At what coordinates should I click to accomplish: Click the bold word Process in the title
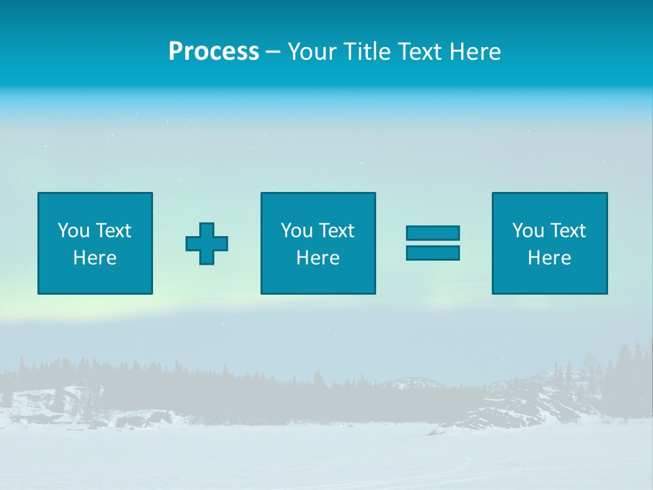coord(214,51)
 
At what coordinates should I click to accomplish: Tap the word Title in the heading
coord(365,51)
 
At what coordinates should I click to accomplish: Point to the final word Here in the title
coord(474,51)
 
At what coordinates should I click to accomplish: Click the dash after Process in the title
coord(273,52)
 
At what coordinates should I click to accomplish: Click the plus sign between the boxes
coord(207,244)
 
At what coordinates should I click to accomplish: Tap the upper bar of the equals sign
coord(433,233)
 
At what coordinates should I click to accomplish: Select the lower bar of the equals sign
coord(433,252)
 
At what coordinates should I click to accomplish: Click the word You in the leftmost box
coord(73,231)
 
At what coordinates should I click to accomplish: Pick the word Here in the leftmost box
coord(95,258)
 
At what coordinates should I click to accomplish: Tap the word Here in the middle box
coord(318,258)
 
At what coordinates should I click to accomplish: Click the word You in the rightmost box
coord(527,231)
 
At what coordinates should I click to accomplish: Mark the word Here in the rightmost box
coord(549,258)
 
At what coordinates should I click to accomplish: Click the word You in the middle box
coord(296,231)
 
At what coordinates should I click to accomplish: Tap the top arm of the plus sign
coord(207,229)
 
